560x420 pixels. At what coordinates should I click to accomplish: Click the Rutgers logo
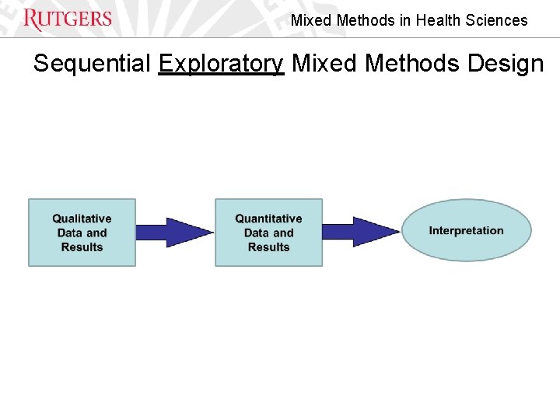pos(68,19)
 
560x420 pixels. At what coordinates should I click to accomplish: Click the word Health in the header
pos(439,21)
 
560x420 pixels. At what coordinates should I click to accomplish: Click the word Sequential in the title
pos(93,63)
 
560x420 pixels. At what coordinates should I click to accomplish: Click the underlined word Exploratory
pos(221,63)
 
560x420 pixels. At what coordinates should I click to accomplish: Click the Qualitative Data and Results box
pos(82,233)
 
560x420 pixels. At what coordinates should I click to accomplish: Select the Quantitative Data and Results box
pos(268,233)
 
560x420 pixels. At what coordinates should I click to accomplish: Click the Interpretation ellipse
pos(466,230)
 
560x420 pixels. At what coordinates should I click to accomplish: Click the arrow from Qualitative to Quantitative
pos(175,232)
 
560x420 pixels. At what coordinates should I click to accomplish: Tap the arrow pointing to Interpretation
pos(362,232)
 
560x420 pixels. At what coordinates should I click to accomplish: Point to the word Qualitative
pos(82,219)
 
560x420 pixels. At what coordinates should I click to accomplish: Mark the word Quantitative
pos(268,219)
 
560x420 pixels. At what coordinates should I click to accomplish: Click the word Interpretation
pos(466,230)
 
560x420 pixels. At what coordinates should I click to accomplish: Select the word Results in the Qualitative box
pos(82,247)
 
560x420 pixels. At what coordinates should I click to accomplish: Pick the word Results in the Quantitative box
pos(268,247)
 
